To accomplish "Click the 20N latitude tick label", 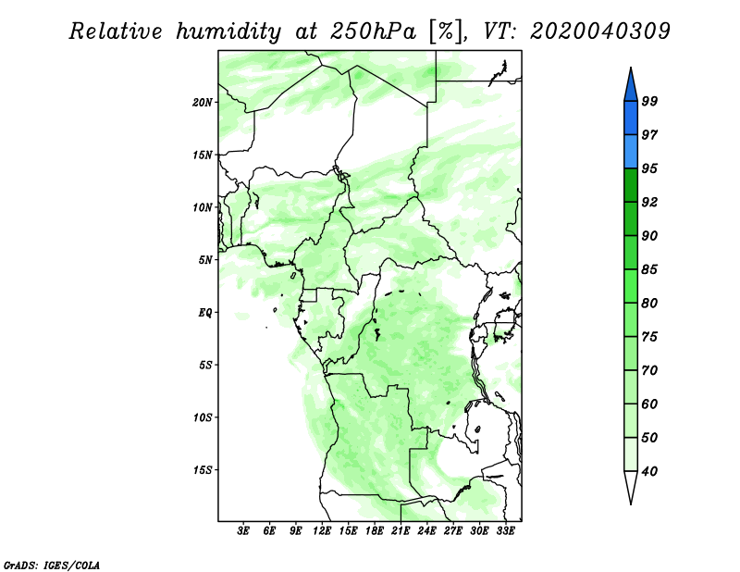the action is pos(203,103).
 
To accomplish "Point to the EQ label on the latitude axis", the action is pos(205,313).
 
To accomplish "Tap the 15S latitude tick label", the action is pos(203,470).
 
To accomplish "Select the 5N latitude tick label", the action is pos(205,260).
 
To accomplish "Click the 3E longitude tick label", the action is pos(243,530).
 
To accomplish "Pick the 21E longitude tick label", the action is pos(401,530).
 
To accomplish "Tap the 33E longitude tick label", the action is pos(505,530).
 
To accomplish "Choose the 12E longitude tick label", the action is pos(322,530).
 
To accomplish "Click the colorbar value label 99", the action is pos(649,101).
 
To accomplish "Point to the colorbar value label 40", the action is pos(649,471).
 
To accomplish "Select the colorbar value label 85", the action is pos(649,269).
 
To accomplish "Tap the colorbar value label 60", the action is pos(649,404).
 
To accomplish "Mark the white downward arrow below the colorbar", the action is pos(631,486).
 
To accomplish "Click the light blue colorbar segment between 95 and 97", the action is pos(631,152).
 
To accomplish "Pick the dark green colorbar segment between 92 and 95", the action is pos(631,185).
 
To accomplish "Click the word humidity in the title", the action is pos(228,31).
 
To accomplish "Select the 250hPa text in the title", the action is pos(374,31).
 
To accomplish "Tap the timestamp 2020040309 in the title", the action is pos(599,31).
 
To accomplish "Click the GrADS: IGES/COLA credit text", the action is pos(52,566).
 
